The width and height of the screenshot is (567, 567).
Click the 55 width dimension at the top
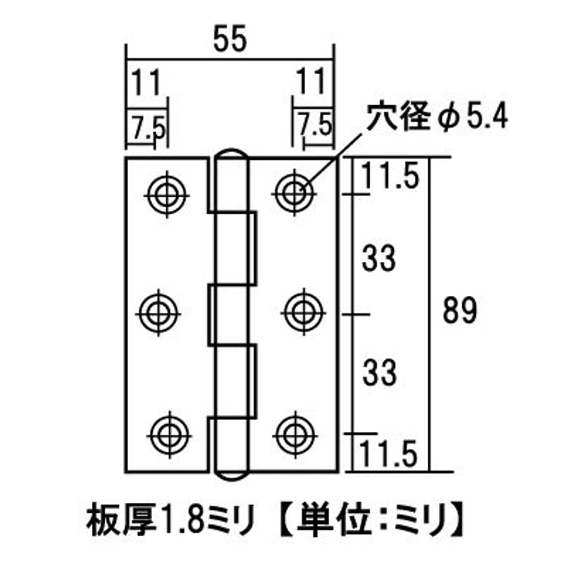[x=230, y=39]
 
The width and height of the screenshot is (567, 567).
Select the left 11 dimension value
[x=145, y=83]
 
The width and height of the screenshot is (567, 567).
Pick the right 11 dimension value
[x=311, y=82]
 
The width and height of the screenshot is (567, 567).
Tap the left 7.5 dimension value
[x=149, y=126]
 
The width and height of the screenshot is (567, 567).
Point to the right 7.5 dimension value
[x=314, y=124]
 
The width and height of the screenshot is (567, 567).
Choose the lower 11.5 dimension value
[x=388, y=454]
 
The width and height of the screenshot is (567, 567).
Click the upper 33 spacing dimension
[x=379, y=259]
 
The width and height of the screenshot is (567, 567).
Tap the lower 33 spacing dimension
[x=379, y=373]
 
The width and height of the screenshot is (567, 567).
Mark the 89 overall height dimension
[x=460, y=311]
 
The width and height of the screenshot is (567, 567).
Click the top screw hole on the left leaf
[x=166, y=195]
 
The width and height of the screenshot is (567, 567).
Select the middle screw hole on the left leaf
[x=158, y=314]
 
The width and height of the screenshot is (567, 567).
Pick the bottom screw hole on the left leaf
[x=169, y=436]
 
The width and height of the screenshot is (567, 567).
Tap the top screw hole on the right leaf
[x=295, y=194]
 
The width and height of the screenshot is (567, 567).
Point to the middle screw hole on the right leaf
[x=304, y=312]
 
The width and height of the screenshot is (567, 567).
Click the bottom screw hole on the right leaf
[x=295, y=435]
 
